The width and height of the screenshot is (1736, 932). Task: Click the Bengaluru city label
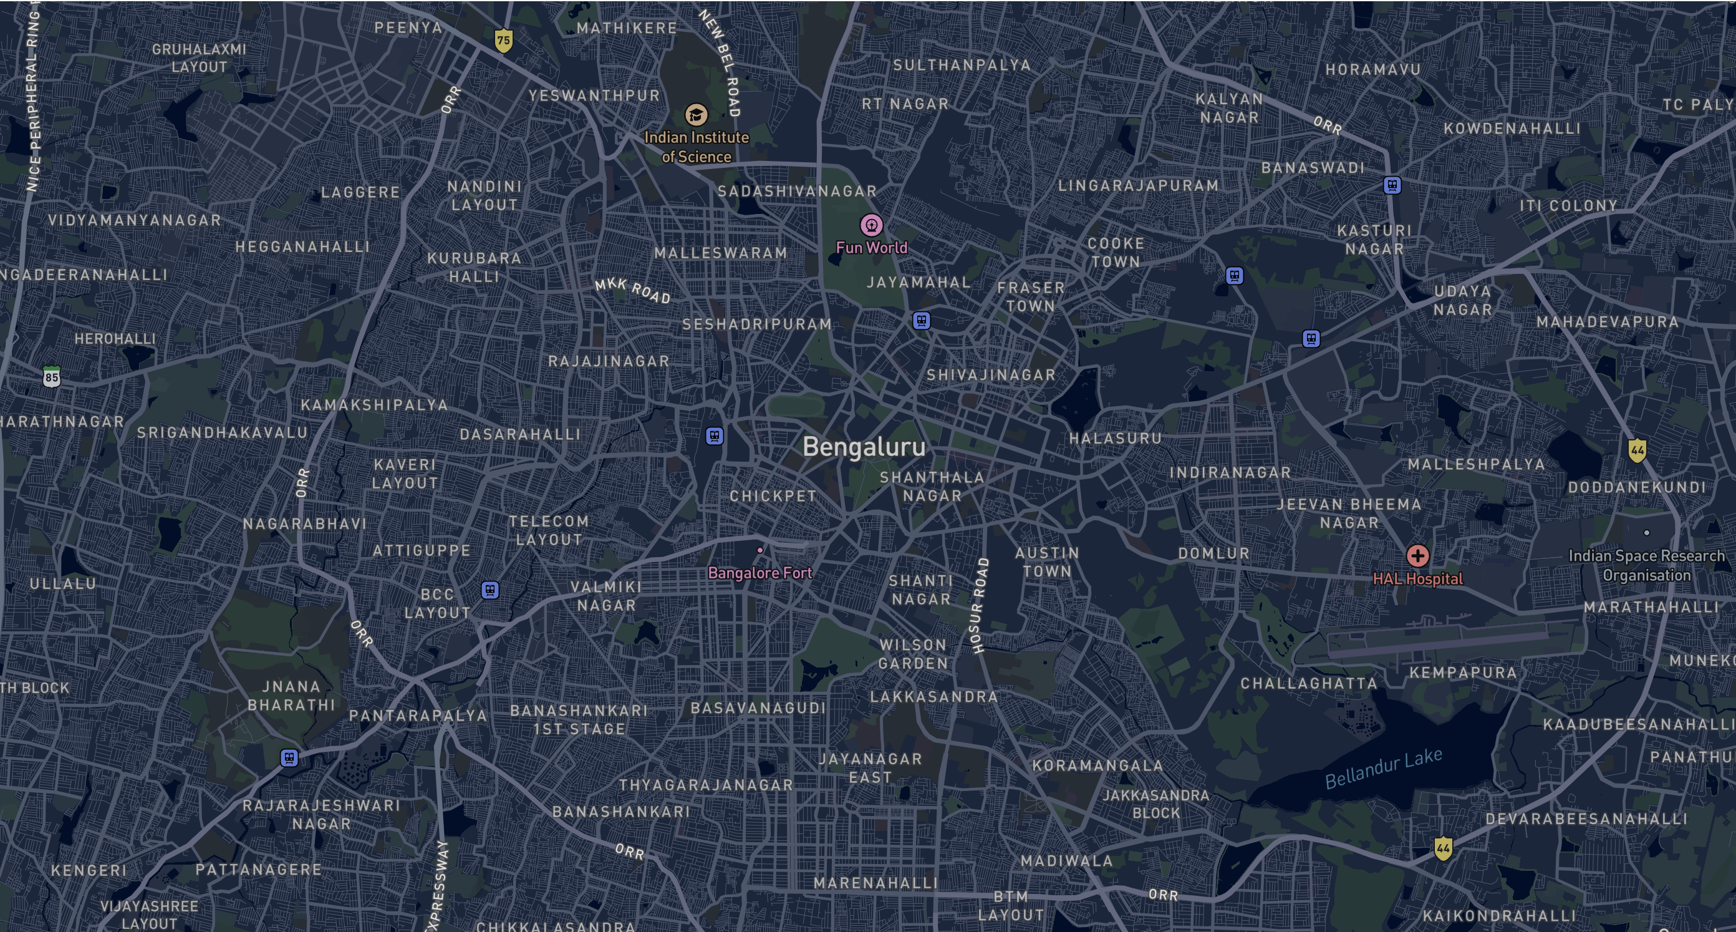pyautogui.click(x=864, y=447)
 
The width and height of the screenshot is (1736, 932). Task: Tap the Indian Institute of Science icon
pyautogui.click(x=696, y=115)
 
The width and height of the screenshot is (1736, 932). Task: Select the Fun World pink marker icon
pyautogui.click(x=871, y=225)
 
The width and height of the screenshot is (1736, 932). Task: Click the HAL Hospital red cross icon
pyautogui.click(x=1417, y=556)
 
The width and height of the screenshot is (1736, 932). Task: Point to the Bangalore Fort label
pyautogui.click(x=760, y=573)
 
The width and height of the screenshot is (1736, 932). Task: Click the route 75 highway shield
pyautogui.click(x=503, y=40)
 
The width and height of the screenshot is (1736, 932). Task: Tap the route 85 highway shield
pyautogui.click(x=52, y=376)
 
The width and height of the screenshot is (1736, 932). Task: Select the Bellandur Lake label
pyautogui.click(x=1383, y=768)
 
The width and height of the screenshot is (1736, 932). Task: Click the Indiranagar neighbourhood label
pyautogui.click(x=1230, y=473)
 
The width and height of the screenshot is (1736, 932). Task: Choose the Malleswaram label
pyautogui.click(x=720, y=253)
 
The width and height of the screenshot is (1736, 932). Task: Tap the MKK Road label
pyautogui.click(x=632, y=291)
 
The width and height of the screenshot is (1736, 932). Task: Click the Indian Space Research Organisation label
pyautogui.click(x=1646, y=565)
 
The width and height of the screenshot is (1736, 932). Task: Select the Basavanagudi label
pyautogui.click(x=758, y=707)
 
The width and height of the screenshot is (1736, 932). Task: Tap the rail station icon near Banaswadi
pyautogui.click(x=1392, y=185)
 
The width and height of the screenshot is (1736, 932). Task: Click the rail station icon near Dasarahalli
pyautogui.click(x=715, y=435)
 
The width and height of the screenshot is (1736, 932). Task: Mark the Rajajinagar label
pyautogui.click(x=609, y=361)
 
